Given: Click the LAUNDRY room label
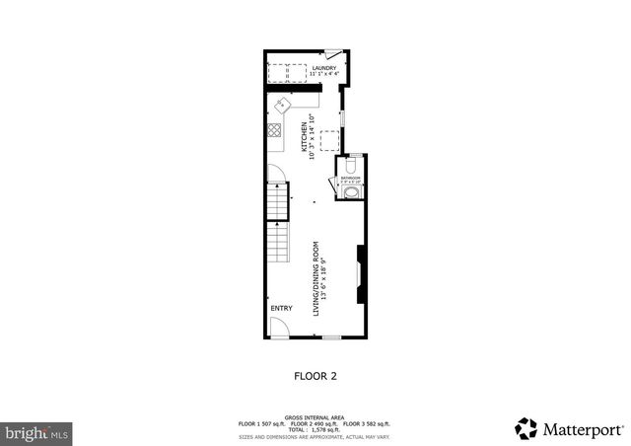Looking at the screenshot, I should coord(323,67).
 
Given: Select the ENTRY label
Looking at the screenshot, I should coord(281,308).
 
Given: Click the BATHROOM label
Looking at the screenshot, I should coord(351,178).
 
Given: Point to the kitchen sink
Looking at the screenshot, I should coord(283,106).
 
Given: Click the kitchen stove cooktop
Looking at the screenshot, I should coord(274,129).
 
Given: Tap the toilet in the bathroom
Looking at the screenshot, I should coord(352,165).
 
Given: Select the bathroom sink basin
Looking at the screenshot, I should coord(352,194).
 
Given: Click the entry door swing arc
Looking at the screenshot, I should coord(280,331).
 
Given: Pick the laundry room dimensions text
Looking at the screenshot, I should coord(323,74).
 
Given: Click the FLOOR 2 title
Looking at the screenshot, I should coord(315,375).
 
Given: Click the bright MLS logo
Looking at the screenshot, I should coord(37,432).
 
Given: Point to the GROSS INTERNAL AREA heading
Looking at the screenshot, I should coord(315,417).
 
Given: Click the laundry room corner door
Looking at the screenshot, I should coord(333,55).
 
